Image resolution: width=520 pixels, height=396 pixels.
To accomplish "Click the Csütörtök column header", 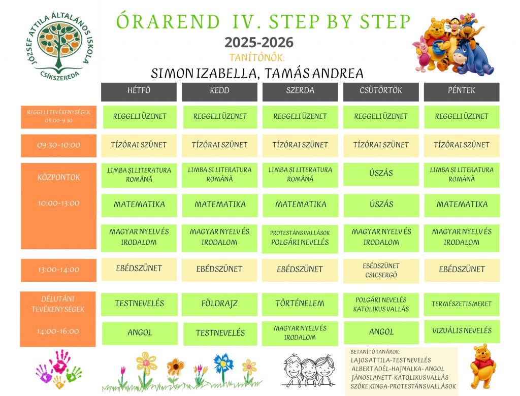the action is (381, 92).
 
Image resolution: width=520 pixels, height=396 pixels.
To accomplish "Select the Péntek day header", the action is (461, 92).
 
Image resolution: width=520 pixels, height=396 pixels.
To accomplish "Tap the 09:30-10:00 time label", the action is (59, 146).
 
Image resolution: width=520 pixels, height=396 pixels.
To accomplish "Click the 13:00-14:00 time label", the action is (59, 270).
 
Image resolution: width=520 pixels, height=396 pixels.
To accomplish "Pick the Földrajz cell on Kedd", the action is (219, 304).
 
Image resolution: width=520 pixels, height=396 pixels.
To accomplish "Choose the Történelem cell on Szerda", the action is (300, 304).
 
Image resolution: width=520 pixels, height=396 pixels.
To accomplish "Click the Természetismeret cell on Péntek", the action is (461, 304).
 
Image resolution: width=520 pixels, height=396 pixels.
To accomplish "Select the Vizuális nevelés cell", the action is (462, 332).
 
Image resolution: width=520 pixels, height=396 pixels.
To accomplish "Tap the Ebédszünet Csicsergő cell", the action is (381, 271).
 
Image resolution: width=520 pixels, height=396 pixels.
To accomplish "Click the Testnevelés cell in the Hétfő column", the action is (139, 304).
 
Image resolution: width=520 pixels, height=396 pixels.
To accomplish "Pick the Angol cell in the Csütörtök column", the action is (381, 333).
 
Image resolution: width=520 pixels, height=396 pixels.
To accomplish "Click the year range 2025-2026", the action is (259, 43).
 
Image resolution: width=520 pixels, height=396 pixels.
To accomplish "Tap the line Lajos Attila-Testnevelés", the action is (391, 360).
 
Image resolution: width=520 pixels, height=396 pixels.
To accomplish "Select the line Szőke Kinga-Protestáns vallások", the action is (403, 386).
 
